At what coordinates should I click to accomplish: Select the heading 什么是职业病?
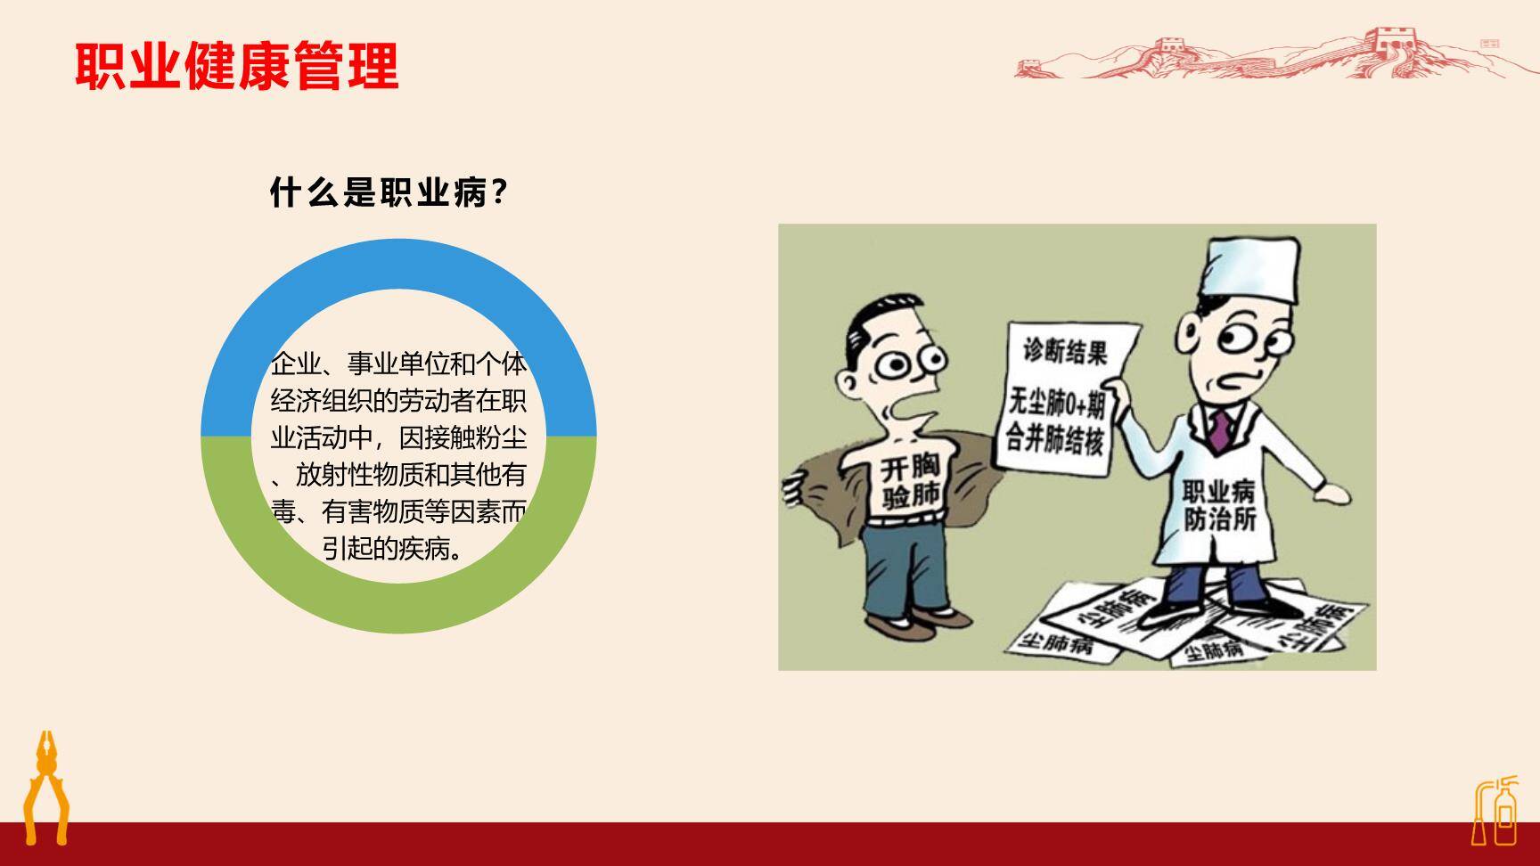coord(389,192)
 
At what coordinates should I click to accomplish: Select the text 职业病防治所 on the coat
coord(1218,504)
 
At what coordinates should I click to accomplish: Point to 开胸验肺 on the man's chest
coord(911,482)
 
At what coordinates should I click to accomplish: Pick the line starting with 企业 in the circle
coord(398,364)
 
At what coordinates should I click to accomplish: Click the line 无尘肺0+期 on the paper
coord(1057,405)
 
